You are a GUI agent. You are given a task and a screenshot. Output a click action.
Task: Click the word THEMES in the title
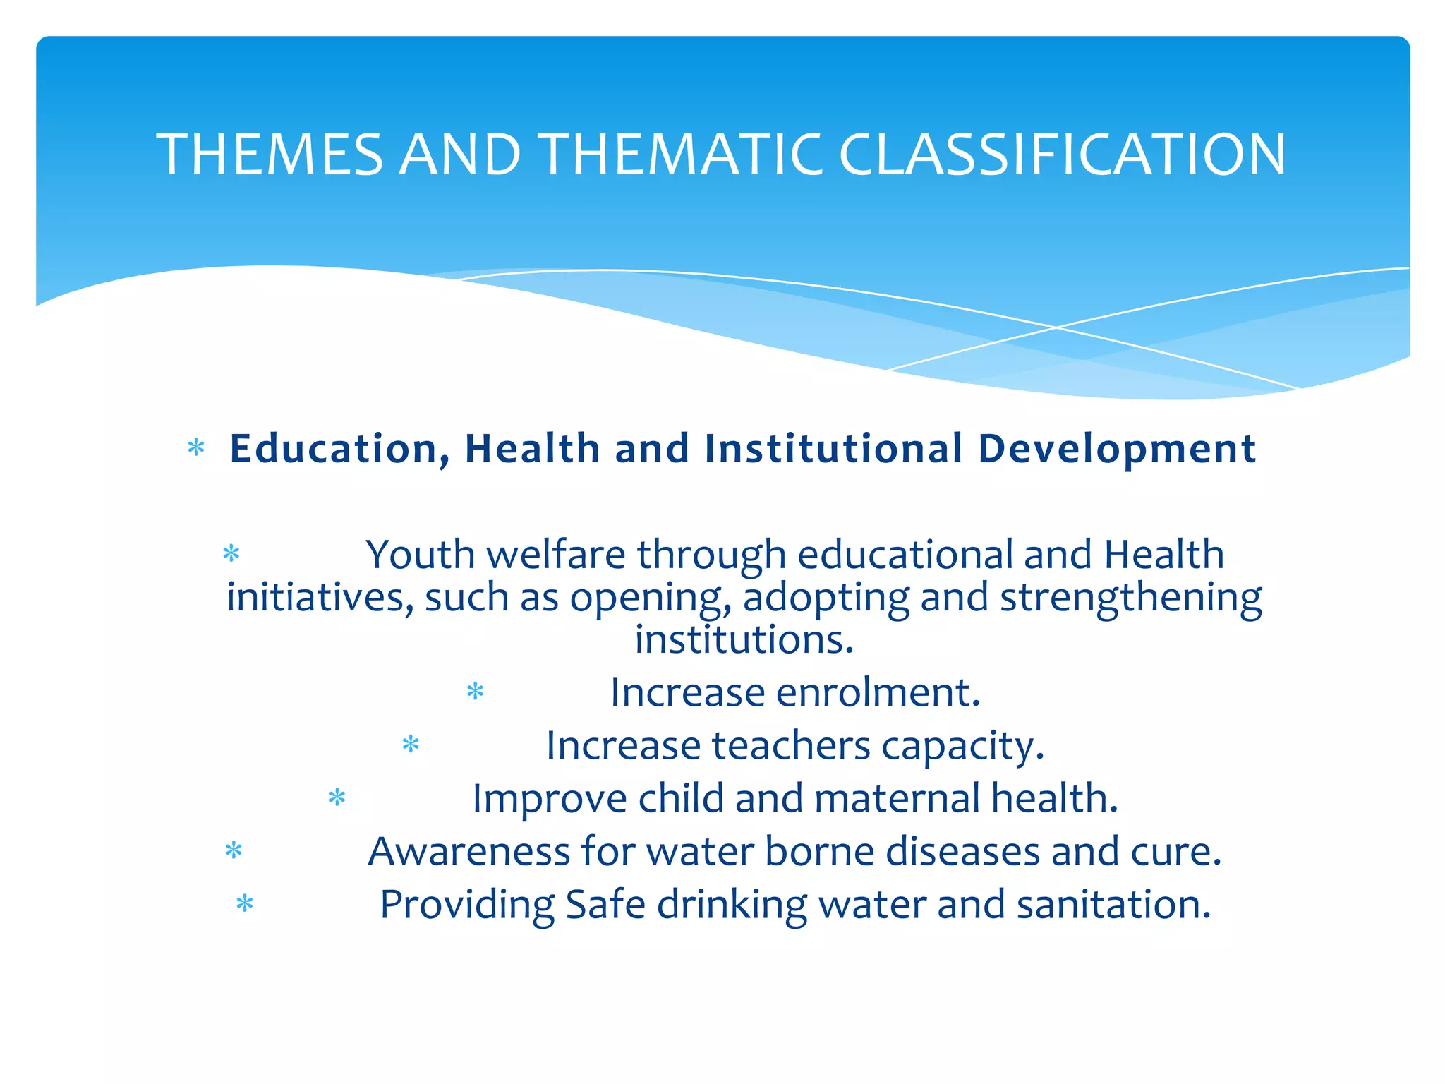270,155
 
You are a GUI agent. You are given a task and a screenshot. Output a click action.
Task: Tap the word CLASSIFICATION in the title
1062,155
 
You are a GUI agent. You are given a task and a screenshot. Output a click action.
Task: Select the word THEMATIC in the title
680,155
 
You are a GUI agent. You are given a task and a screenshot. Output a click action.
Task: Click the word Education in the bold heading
340,450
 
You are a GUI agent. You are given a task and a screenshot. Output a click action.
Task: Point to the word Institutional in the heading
833,449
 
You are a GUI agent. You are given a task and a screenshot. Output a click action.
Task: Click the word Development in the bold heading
1117,450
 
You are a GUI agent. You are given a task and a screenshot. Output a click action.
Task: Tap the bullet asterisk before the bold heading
196,447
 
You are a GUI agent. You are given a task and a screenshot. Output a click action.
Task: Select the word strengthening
1130,598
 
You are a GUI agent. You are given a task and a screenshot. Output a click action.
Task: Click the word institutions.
744,639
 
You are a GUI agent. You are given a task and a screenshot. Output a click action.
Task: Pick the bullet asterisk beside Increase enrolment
475,691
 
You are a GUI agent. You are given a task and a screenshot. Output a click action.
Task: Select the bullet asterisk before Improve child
337,797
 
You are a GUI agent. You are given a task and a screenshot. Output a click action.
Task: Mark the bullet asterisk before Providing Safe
244,903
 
